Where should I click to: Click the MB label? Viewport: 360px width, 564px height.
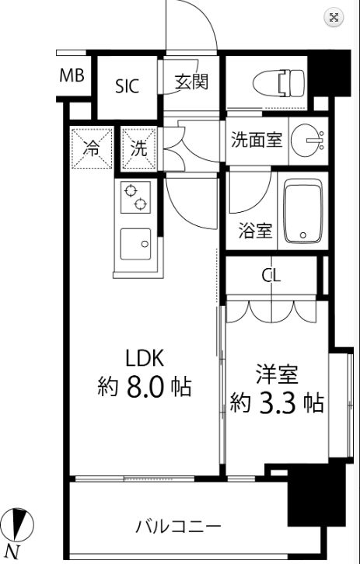[72, 76]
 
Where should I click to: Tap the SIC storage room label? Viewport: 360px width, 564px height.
[127, 87]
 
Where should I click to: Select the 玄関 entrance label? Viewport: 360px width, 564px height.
[191, 82]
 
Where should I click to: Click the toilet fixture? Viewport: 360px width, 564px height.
[278, 83]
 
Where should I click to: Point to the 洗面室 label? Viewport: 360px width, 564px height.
[257, 140]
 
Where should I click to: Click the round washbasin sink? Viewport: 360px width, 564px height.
[308, 140]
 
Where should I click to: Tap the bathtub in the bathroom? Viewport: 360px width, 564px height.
[302, 211]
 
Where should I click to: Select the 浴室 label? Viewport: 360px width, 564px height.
[255, 231]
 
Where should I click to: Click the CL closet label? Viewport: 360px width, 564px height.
[271, 276]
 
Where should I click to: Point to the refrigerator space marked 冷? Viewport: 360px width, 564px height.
[93, 148]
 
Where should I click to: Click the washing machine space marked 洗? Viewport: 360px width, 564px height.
[139, 148]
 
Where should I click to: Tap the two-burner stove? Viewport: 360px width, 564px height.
[135, 197]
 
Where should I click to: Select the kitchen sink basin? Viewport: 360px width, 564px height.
[135, 243]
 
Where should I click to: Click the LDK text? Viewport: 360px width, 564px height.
[145, 358]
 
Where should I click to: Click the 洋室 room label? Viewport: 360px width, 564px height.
[278, 374]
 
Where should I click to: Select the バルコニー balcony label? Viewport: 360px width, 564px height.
[178, 527]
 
